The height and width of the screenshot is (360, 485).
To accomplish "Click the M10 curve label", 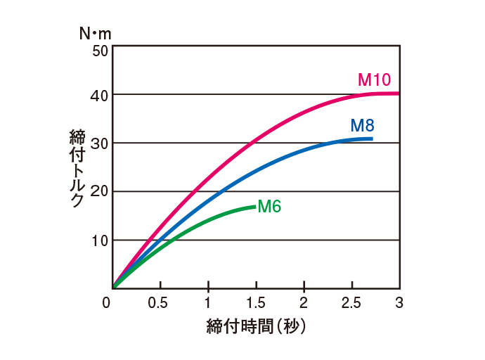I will tap(374, 79).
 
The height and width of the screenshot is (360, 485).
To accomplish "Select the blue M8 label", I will tap(362, 126).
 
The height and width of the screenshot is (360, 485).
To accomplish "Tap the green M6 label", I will tap(269, 207).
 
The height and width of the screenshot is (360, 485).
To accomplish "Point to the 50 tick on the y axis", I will tap(101, 51).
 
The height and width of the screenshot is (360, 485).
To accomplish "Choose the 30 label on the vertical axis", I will tap(101, 143).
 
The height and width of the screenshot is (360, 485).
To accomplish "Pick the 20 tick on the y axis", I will tap(101, 192).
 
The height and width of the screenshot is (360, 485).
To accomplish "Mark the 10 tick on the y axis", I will tap(101, 240).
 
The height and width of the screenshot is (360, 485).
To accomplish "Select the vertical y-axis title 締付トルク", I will tap(77, 167).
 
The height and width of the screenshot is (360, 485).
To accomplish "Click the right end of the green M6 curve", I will tap(254, 207).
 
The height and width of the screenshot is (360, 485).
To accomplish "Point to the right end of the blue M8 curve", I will tap(371, 139).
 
